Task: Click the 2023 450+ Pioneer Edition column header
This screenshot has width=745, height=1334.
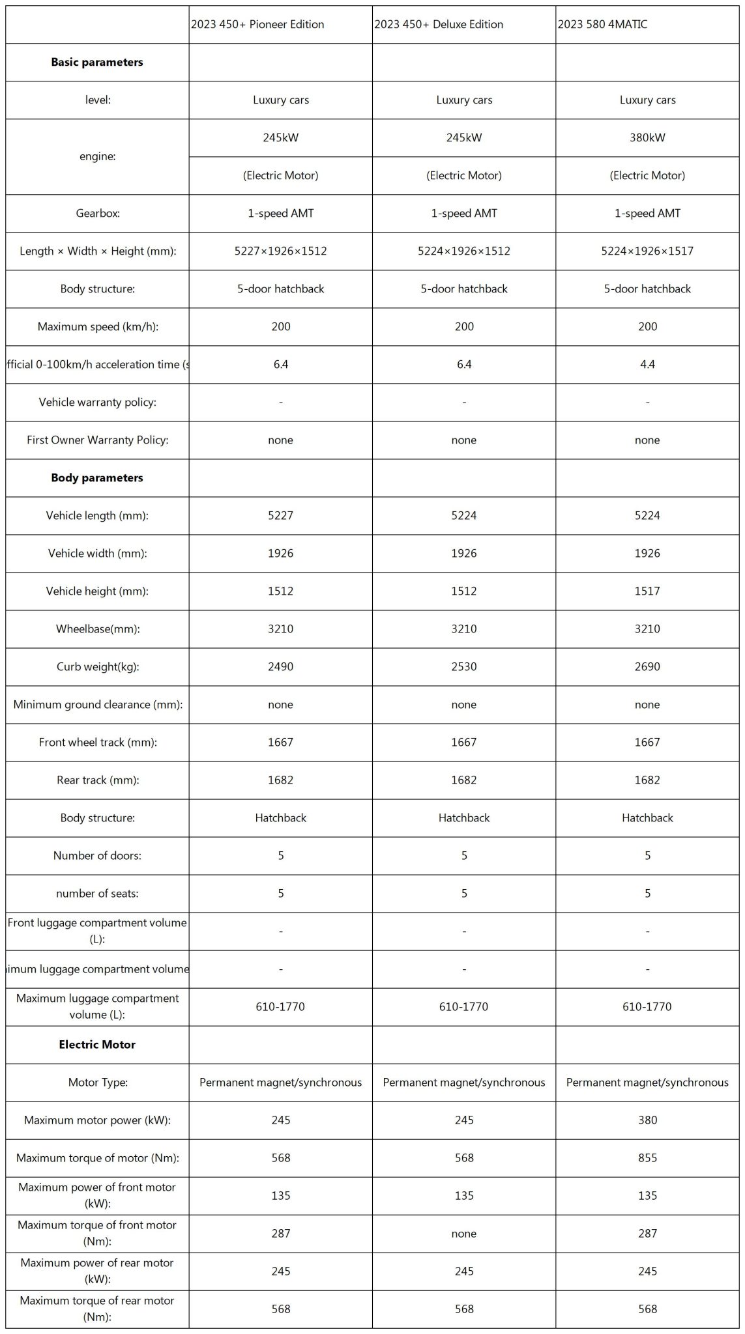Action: point(257,25)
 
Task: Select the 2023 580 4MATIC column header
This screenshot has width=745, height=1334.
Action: point(602,25)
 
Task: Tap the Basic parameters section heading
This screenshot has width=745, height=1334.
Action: point(97,63)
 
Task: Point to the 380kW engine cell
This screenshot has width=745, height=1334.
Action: point(647,137)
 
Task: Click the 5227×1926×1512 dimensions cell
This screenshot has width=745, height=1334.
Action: point(280,251)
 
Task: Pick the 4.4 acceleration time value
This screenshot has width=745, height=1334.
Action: point(647,364)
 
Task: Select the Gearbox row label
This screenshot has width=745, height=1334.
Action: point(97,213)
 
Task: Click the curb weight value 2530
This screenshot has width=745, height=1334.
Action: point(463,666)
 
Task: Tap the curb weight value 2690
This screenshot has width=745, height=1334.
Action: point(647,666)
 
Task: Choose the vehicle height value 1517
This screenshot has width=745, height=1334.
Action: point(647,591)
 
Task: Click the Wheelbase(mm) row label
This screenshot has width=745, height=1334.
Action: point(97,629)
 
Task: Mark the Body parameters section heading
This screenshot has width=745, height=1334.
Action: point(97,477)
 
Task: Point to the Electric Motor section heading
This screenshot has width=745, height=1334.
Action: point(97,1044)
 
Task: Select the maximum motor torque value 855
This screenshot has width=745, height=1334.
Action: point(647,1157)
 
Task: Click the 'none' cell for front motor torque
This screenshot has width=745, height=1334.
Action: point(463,1233)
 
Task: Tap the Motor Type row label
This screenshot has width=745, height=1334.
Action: point(97,1082)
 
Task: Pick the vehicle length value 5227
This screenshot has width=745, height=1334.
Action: point(280,515)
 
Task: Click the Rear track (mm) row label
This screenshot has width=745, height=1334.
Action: point(97,780)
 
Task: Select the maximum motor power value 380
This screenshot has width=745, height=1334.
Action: point(647,1120)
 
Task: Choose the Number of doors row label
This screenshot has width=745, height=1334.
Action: point(97,855)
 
